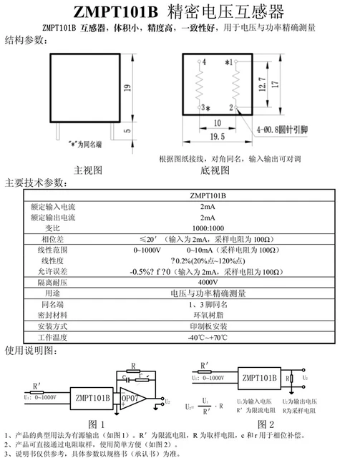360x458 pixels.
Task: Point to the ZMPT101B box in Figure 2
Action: [x=259, y=378]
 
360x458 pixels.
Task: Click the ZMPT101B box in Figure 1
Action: [x=90, y=397]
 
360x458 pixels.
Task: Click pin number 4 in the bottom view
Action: [x=204, y=63]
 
